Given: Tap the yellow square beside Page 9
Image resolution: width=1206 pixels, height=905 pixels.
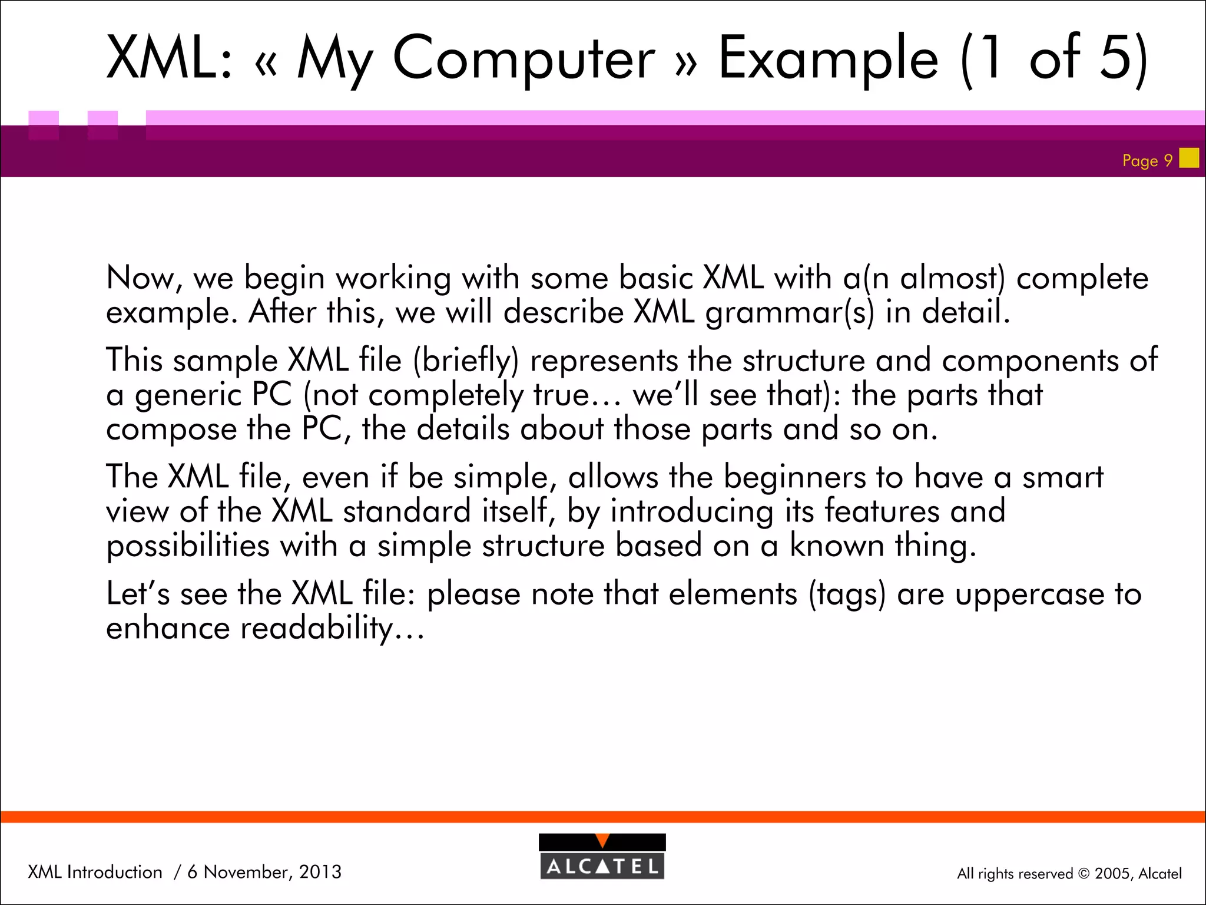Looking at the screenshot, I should click(1189, 158).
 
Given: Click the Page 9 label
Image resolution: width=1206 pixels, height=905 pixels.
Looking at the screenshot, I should click(1147, 160).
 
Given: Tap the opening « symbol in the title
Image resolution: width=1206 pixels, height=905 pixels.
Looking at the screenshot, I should click(266, 64).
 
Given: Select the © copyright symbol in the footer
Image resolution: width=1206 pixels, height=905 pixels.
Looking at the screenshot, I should click(1084, 874).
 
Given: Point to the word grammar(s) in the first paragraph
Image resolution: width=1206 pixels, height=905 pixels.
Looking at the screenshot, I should click(790, 312).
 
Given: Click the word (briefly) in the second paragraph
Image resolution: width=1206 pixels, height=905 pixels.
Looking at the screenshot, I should click(466, 361).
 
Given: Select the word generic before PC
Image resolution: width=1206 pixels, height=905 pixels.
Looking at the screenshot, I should click(188, 395).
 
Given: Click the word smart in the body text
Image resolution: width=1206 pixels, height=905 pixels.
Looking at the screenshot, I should click(1062, 477).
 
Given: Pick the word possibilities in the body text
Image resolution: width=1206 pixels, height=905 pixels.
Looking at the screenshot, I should click(188, 546).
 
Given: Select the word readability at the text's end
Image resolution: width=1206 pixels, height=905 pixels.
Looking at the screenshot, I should click(317, 628).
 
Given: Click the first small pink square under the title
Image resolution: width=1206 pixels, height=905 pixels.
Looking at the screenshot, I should click(44, 124).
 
